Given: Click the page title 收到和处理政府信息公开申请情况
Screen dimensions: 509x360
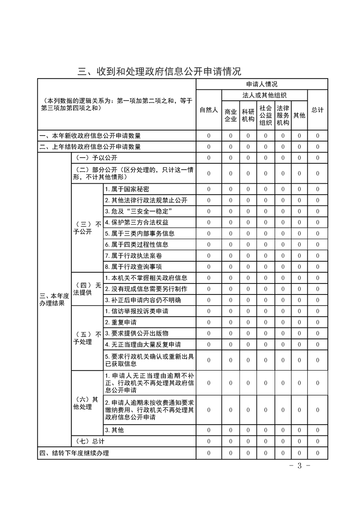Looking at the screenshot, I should point(159,71).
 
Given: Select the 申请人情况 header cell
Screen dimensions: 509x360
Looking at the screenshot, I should point(261,84).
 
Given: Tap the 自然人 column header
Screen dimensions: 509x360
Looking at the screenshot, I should point(209,110).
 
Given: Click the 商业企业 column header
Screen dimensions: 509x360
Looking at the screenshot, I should point(231,115).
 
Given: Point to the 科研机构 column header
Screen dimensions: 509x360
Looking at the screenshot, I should point(248,115).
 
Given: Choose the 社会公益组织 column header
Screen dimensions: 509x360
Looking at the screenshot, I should point(266,115).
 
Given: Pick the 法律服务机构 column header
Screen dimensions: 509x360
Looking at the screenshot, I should point(283,115).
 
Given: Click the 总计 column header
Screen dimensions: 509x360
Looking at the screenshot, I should point(317,110).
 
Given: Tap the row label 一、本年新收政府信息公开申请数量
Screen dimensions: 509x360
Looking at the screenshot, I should point(90,136).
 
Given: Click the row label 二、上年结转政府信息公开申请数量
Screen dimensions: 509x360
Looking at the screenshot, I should point(90,147).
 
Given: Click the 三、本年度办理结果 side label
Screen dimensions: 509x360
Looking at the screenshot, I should point(54,299).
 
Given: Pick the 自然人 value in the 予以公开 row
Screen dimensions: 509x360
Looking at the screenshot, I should point(209,158).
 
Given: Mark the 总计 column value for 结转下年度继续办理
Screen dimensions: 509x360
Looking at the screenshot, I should point(317,453).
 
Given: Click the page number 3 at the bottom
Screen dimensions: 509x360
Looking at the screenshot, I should point(299,466).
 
